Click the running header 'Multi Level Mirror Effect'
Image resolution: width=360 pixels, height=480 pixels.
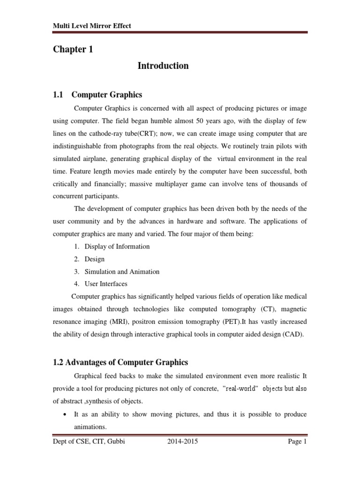(x=92, y=25)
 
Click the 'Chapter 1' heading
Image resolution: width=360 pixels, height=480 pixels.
(x=73, y=50)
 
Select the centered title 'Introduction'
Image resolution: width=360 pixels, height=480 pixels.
(x=163, y=66)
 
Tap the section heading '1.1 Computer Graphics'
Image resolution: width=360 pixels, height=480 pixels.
(x=97, y=94)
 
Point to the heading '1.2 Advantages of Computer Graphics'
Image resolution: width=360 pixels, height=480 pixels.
(x=120, y=362)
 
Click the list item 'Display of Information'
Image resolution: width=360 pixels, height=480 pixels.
(x=117, y=247)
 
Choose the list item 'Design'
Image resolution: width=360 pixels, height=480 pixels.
(x=95, y=259)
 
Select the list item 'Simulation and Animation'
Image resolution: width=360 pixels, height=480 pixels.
(x=122, y=271)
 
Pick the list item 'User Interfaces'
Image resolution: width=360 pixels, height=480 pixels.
(x=106, y=284)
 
